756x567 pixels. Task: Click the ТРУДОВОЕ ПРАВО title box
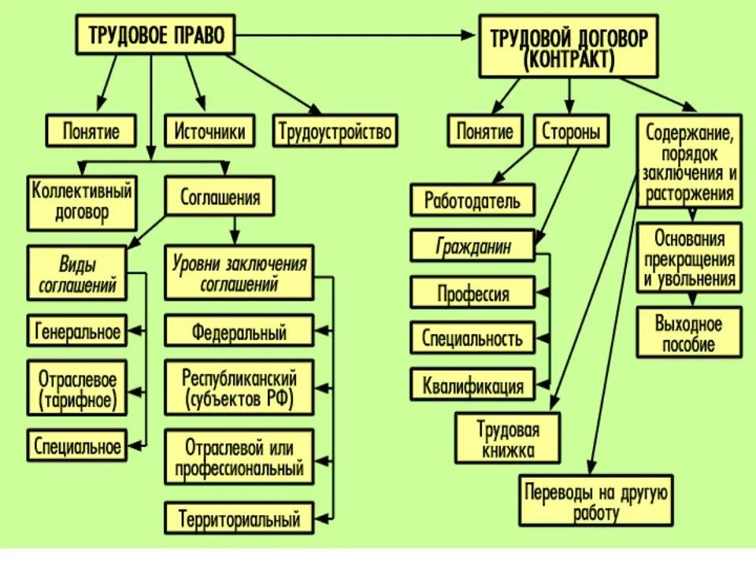156,37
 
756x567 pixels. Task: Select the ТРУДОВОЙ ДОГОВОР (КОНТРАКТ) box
569,49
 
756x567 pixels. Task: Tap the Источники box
209,131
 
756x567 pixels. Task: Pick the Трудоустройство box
335,131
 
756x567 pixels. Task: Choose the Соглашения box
220,197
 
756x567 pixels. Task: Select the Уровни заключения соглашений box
239,272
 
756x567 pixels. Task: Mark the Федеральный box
239,332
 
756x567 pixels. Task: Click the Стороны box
572,132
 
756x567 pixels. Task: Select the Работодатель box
472,200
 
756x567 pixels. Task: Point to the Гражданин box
472,247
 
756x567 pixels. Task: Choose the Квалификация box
472,386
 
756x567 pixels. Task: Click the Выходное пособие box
689,333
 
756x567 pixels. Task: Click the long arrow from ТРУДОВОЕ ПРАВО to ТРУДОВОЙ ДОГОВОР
354,35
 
